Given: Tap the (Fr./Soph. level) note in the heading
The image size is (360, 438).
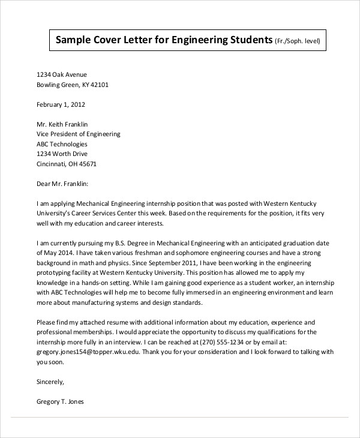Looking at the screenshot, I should click(x=298, y=42).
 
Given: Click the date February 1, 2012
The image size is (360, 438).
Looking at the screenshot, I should click(x=61, y=104).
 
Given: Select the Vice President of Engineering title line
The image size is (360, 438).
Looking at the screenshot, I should click(x=79, y=134).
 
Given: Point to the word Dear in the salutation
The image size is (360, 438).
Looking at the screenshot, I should click(x=45, y=184).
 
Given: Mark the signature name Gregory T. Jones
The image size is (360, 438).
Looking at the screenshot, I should click(x=61, y=401).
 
